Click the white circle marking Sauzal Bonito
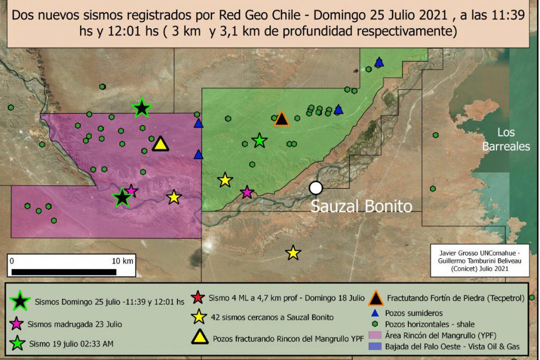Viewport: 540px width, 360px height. click(x=315, y=188)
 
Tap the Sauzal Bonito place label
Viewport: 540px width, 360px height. click(x=361, y=206)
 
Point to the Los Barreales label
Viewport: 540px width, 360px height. click(x=506, y=140)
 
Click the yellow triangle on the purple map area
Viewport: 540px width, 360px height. click(x=160, y=143)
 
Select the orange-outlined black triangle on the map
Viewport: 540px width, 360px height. click(x=282, y=119)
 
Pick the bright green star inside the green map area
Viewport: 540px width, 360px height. click(x=259, y=140)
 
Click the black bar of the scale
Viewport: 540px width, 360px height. click(x=63, y=272)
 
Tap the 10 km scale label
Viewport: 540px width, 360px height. click(x=123, y=261)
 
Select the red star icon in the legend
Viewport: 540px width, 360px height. click(x=198, y=297)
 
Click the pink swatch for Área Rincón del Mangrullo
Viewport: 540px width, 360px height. click(x=376, y=335)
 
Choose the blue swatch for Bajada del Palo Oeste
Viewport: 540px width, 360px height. click(x=376, y=346)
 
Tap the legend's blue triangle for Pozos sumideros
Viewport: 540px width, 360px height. click(x=375, y=313)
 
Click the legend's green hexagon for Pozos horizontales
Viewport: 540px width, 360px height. click(x=375, y=324)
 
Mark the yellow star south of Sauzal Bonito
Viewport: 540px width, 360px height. click(x=293, y=253)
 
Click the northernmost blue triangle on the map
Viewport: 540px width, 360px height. click(x=379, y=63)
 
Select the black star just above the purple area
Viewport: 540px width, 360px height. click(x=141, y=108)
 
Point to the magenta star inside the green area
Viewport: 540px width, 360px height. click(x=247, y=192)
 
